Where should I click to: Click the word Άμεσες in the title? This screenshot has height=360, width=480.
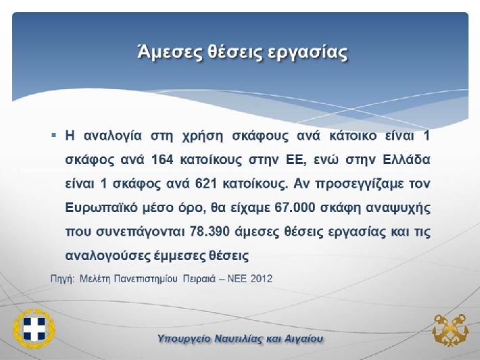tap(169, 52)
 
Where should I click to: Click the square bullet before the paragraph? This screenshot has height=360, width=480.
tap(54, 135)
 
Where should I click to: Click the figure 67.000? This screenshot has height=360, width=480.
tap(295, 207)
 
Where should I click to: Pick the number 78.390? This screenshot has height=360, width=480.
tap(210, 232)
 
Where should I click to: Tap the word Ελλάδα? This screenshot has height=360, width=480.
tap(406, 159)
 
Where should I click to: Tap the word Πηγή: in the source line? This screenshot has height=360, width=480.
tap(62, 279)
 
